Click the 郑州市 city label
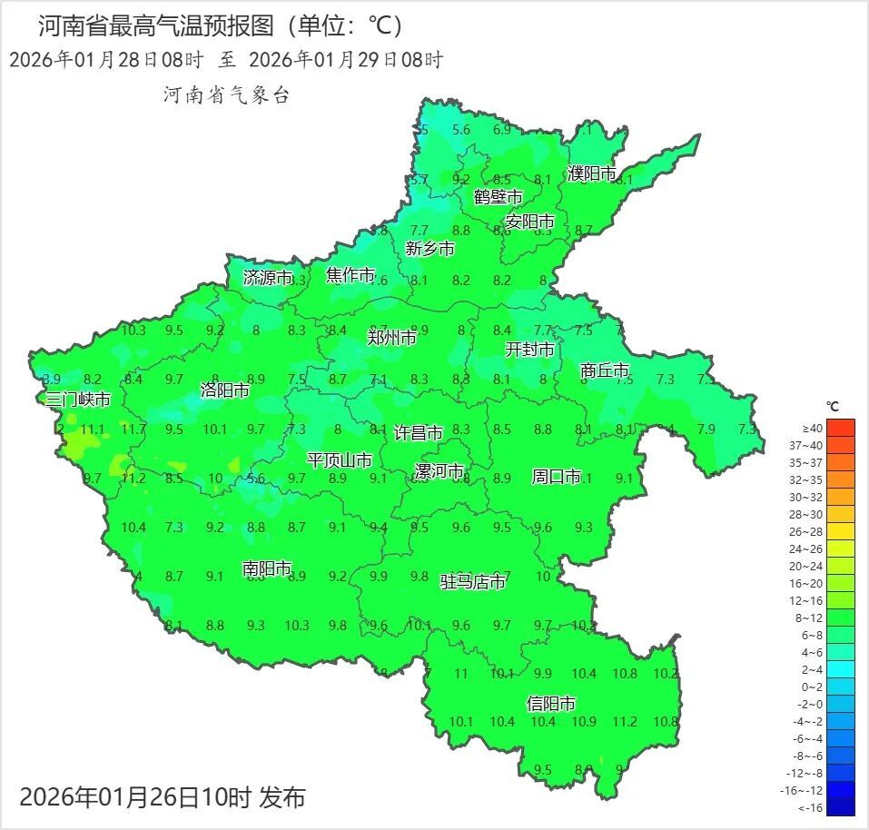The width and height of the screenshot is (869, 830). tap(391, 338)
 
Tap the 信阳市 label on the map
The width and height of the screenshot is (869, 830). tap(551, 704)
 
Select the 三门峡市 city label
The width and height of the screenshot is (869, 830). tap(78, 400)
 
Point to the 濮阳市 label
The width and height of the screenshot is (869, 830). tap(592, 173)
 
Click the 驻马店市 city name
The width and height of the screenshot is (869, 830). tap(473, 582)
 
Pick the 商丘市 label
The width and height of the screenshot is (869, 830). tap(605, 371)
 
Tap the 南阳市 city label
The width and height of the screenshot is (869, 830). tap(267, 569)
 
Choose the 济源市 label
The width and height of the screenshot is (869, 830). tap(268, 278)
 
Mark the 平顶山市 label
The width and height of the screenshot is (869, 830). tap(339, 460)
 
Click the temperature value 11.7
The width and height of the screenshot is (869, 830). tap(133, 429)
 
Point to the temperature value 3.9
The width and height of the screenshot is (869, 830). tap(51, 379)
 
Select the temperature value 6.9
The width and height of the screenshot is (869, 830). tap(502, 130)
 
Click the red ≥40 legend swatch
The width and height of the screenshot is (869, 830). tap(841, 428)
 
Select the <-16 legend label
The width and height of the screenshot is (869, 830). tap(811, 807)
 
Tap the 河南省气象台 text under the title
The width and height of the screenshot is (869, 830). tap(226, 94)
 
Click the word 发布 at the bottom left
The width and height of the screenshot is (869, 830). tap(282, 798)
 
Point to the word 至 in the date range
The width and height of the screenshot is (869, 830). tap(226, 61)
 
